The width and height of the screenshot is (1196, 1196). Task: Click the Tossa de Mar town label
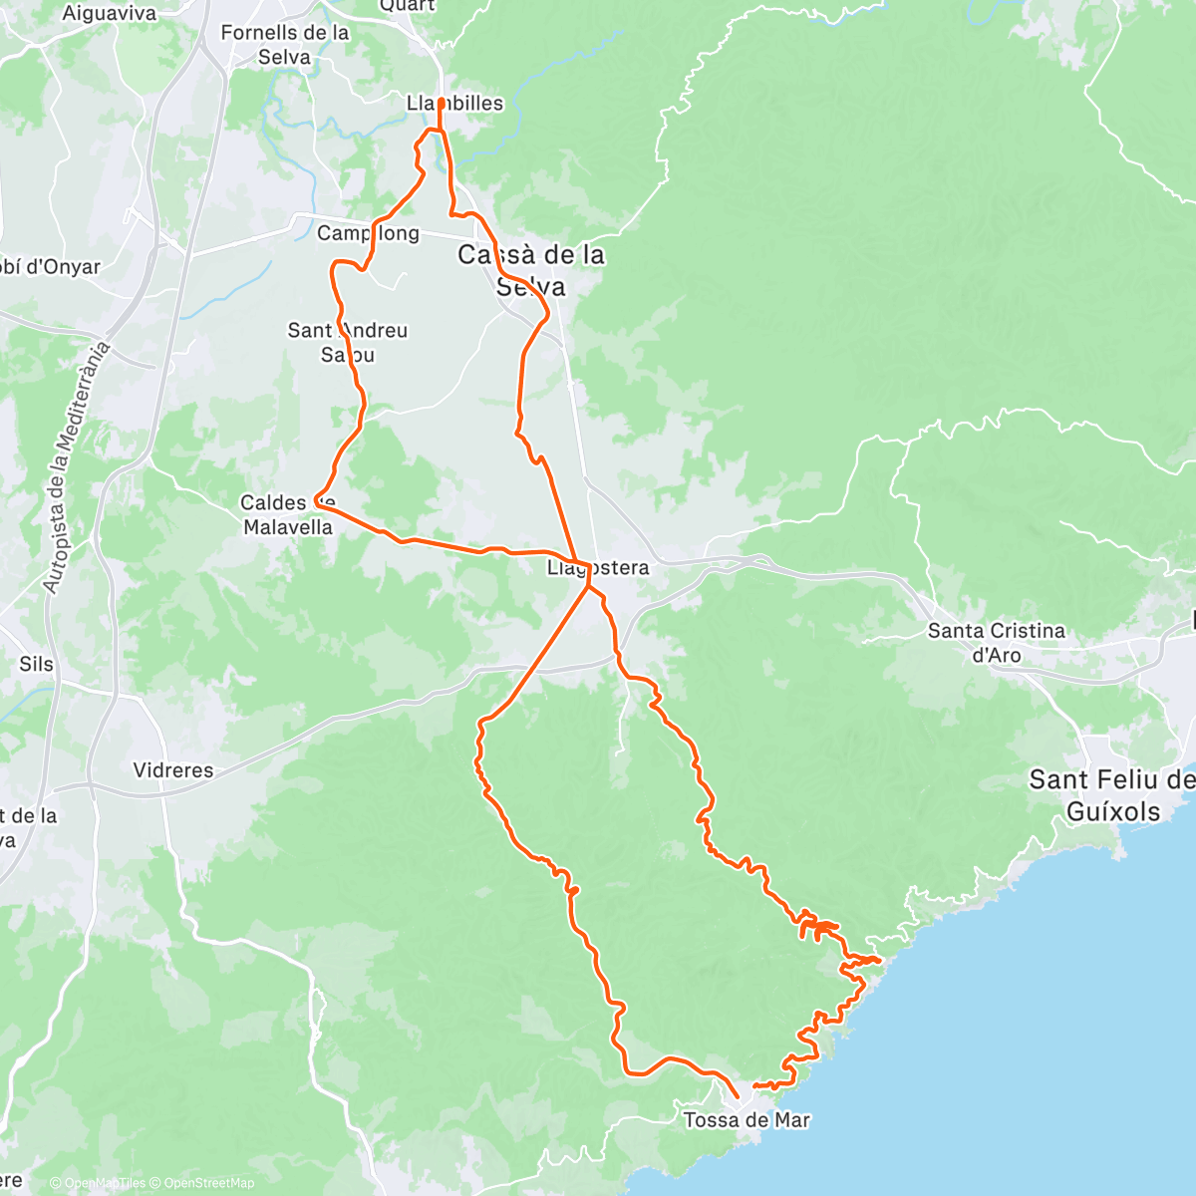point(747,1119)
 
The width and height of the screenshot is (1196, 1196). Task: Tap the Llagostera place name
point(598,568)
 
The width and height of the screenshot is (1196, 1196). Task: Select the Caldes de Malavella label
point(288,514)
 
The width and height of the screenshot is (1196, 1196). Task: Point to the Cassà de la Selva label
point(531,270)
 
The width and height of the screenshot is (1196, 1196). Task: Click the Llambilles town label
point(455,104)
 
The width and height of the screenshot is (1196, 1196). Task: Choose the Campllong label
point(368,233)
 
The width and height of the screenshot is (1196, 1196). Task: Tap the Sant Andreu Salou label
point(347,342)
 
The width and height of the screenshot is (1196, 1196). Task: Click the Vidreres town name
point(173,769)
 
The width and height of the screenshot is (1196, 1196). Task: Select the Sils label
point(36,664)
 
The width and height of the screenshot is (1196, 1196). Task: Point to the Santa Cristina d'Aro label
point(997,642)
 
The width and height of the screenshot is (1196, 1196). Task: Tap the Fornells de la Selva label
point(285,45)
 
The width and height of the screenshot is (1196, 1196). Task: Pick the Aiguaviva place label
point(110,13)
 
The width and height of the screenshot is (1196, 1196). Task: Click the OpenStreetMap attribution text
point(209,1183)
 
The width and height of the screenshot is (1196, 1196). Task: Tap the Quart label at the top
point(408,6)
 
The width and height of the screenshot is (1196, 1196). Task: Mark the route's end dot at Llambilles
point(441,102)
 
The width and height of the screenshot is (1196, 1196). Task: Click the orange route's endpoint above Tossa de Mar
point(736,1095)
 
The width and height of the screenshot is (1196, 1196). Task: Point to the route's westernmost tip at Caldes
point(316,498)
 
